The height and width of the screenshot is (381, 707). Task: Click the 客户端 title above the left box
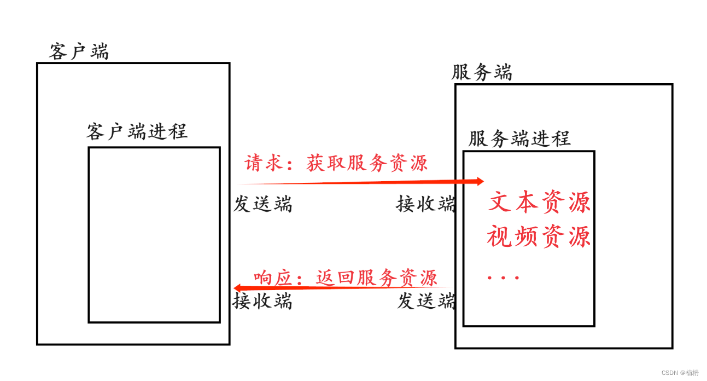pyautogui.click(x=79, y=51)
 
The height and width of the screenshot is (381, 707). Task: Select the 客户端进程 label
pyautogui.click(x=137, y=131)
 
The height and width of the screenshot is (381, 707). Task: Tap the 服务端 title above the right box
pyautogui.click(x=482, y=72)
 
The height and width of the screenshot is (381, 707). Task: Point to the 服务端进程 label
pyautogui.click(x=519, y=138)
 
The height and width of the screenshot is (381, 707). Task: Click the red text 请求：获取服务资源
pyautogui.click(x=336, y=163)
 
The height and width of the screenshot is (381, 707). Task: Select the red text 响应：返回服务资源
pyautogui.click(x=346, y=278)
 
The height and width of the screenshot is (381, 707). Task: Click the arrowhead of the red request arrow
pyautogui.click(x=480, y=181)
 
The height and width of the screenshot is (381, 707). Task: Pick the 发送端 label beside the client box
pyautogui.click(x=262, y=204)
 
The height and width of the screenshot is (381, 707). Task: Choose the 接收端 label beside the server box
pyautogui.click(x=425, y=204)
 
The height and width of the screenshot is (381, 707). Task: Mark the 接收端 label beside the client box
pyautogui.click(x=262, y=301)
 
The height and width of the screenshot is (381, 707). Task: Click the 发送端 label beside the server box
pyautogui.click(x=426, y=301)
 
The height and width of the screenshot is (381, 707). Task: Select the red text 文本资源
pyautogui.click(x=539, y=202)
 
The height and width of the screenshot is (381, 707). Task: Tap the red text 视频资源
pyautogui.click(x=539, y=237)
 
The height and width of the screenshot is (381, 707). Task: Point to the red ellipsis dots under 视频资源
pyautogui.click(x=503, y=278)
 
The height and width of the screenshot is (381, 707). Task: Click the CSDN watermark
pyautogui.click(x=680, y=373)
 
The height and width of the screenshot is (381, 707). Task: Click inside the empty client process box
pyautogui.click(x=154, y=235)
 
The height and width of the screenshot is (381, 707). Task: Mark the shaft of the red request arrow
pyautogui.click(x=355, y=182)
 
